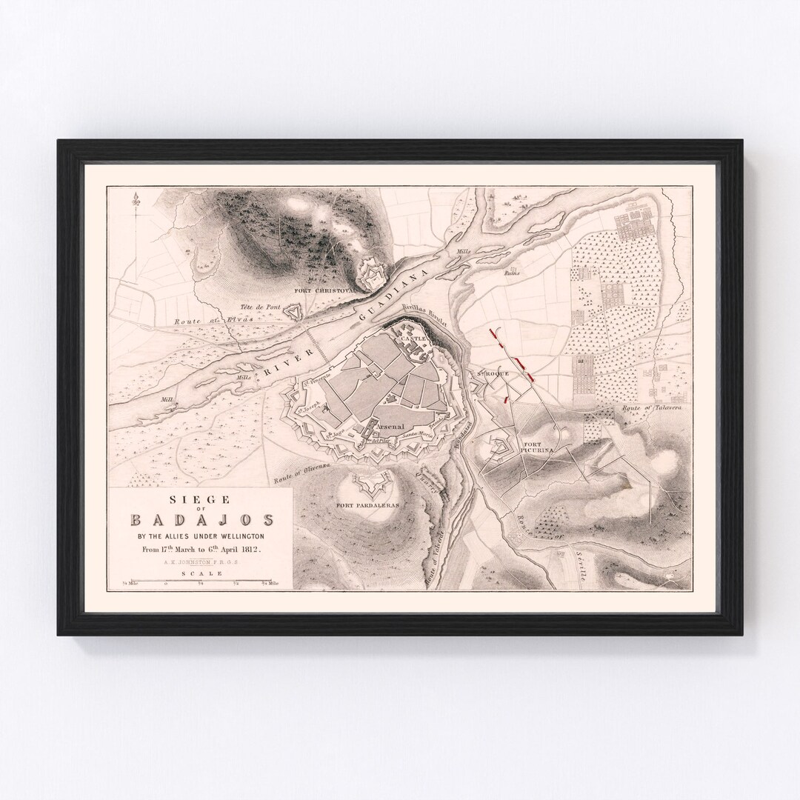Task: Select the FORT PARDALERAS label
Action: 368,504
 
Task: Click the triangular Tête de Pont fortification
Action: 298,314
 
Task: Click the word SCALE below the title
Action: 201,573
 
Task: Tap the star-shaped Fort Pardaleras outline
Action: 368,483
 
